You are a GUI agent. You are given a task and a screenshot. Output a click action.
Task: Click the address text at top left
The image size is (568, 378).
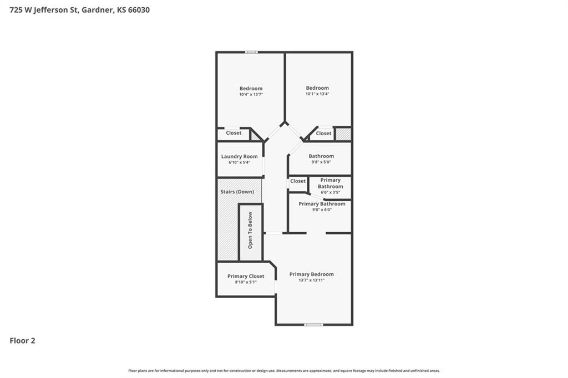[79, 10]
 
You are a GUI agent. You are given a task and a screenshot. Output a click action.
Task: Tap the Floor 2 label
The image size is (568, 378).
[22, 341]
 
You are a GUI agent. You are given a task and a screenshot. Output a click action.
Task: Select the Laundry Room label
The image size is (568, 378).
[240, 156]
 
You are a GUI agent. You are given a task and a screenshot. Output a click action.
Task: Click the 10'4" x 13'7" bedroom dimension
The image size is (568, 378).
[251, 94]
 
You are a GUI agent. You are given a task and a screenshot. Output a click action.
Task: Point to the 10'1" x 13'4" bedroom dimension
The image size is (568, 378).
[317, 94]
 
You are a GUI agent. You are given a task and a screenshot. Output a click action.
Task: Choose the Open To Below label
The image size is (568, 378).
[250, 230]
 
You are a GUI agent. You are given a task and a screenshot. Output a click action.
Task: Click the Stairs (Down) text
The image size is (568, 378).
[237, 192]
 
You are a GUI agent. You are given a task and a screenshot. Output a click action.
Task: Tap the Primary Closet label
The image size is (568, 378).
[246, 276]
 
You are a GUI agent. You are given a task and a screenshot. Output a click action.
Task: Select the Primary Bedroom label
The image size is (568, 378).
[312, 274]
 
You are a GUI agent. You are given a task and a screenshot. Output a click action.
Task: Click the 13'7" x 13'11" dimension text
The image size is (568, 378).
[312, 280]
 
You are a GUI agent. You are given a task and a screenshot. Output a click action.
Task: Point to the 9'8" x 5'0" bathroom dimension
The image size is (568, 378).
[321, 162]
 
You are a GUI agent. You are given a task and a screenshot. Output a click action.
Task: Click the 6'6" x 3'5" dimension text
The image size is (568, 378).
[331, 193]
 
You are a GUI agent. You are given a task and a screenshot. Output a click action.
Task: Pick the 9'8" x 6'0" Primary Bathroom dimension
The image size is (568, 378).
[322, 210]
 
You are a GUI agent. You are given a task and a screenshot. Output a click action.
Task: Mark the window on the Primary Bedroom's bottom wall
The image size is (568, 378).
[313, 325]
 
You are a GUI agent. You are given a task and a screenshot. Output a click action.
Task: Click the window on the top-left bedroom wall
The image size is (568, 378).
[251, 52]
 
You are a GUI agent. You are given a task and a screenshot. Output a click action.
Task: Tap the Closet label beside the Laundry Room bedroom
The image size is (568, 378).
[234, 133]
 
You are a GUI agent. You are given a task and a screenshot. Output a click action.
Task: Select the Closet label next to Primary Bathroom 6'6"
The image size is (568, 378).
[298, 181]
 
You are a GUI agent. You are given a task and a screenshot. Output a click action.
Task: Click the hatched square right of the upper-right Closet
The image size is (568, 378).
[343, 134]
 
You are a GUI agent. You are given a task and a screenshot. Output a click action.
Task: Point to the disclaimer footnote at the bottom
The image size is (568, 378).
[284, 371]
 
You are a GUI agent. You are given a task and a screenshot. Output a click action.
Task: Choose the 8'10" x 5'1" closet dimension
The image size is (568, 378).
[246, 282]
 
